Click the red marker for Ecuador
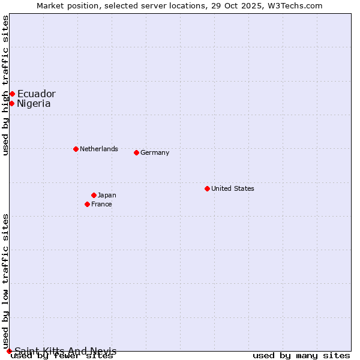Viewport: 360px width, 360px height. [12, 94]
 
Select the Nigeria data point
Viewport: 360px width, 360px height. [11, 103]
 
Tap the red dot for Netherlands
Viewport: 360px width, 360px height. [76, 149]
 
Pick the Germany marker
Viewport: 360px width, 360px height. [136, 152]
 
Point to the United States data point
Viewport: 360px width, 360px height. [207, 188]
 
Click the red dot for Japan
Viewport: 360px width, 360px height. [94, 195]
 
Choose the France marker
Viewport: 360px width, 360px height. [87, 204]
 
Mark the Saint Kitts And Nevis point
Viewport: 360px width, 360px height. [9, 351]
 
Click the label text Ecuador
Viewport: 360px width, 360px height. [36, 94]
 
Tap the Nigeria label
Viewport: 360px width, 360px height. [34, 103]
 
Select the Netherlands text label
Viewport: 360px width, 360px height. [99, 149]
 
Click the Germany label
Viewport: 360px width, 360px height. [155, 152]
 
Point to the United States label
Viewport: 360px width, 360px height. [233, 188]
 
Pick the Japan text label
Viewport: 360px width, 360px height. [107, 195]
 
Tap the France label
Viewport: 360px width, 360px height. [101, 204]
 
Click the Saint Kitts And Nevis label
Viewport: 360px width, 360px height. [65, 351]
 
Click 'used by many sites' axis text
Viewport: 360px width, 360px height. [301, 356]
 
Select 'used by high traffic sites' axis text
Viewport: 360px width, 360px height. [5, 85]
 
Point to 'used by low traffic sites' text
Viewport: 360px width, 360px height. [5, 281]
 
